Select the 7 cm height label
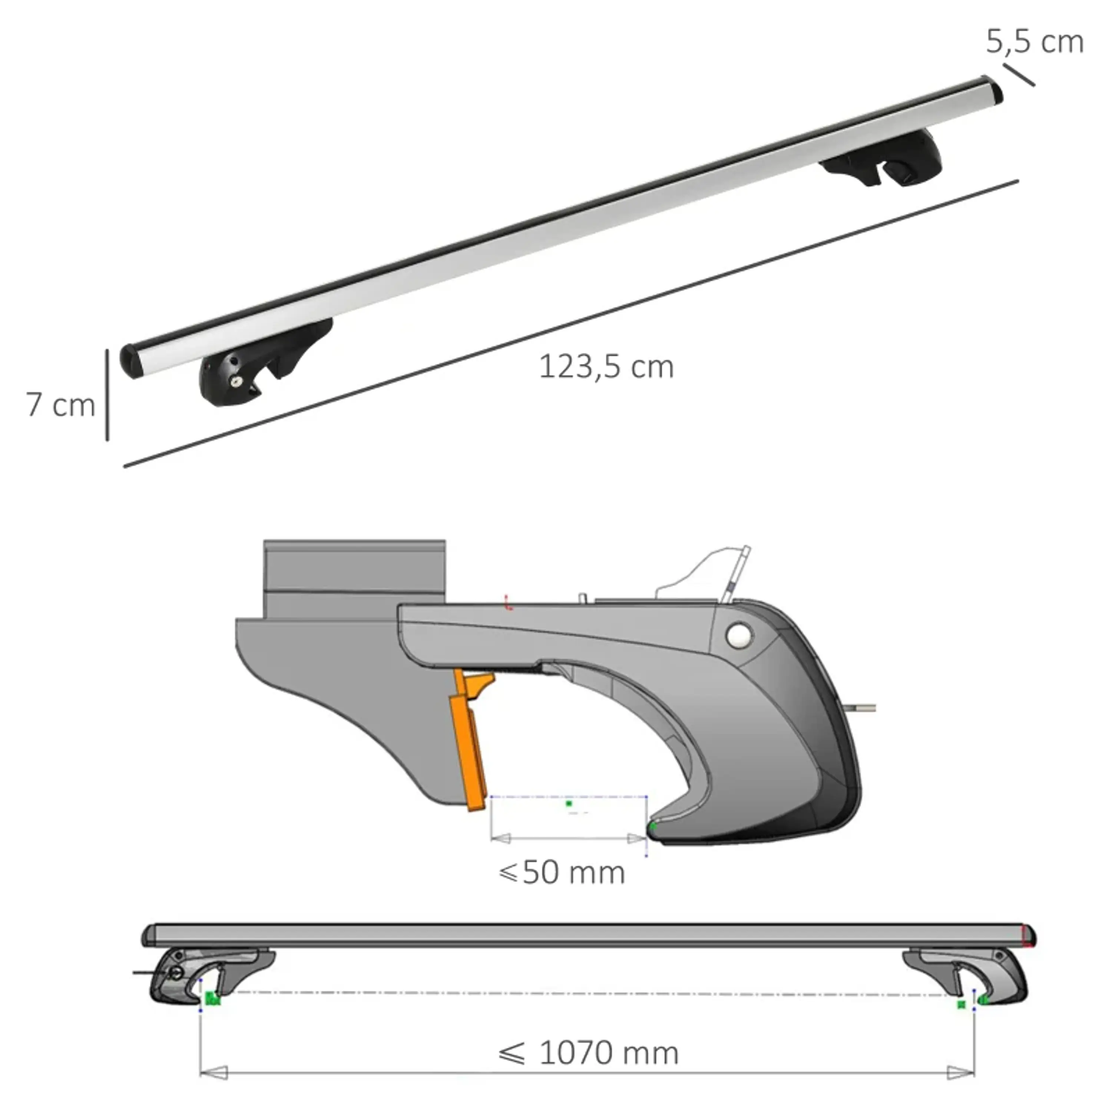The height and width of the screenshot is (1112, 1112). pos(60,405)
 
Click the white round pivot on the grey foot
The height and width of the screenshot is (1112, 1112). pos(739,635)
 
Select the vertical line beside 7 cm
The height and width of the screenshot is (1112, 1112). pos(107,395)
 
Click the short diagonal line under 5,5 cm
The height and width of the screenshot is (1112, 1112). pos(1019,75)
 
